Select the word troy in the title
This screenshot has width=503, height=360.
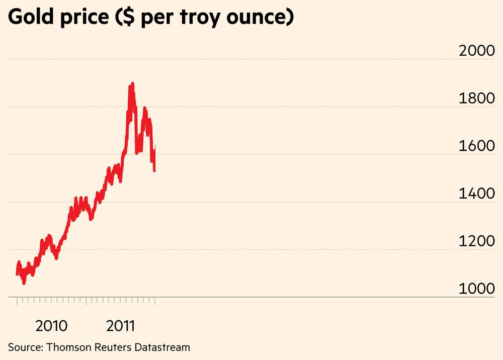(x=213, y=19)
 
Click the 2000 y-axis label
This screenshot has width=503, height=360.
(x=477, y=51)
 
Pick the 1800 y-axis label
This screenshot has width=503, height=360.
(x=477, y=99)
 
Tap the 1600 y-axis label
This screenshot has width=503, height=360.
(x=477, y=147)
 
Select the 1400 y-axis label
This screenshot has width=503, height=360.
(x=477, y=194)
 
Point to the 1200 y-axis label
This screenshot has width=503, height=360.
(x=477, y=242)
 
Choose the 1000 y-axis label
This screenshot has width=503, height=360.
(x=477, y=290)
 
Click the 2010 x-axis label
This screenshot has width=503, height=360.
(x=51, y=326)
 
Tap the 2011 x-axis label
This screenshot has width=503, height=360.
(x=121, y=326)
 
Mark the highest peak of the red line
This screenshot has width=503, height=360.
(x=132, y=83)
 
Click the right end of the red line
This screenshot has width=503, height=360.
(x=155, y=146)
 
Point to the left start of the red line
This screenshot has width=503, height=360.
(x=17, y=274)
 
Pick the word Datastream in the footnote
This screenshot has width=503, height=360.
(x=161, y=347)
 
